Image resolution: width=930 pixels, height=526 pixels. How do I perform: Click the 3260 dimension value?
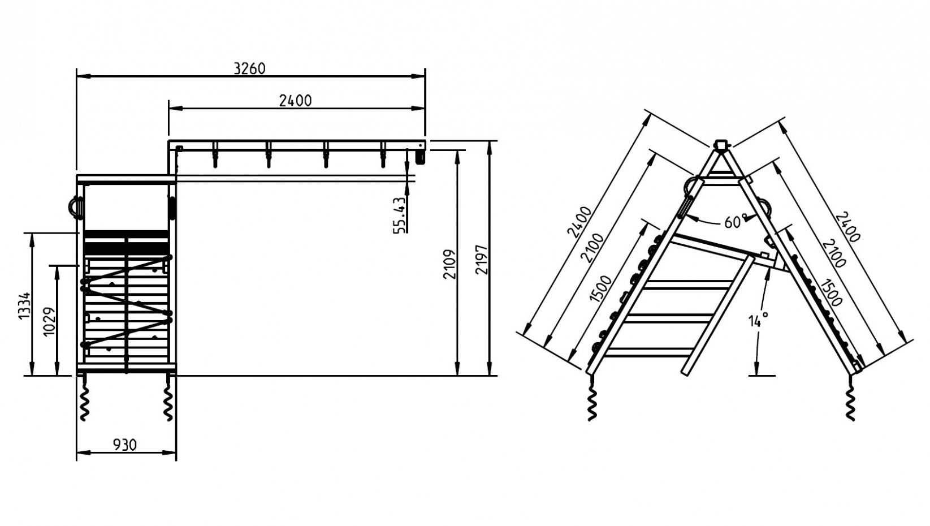pos(249,68)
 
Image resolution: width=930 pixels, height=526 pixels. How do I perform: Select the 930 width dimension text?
pos(124,445)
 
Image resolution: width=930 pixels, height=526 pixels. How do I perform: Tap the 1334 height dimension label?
pos(25,305)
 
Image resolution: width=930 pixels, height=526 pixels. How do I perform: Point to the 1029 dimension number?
pos(49,322)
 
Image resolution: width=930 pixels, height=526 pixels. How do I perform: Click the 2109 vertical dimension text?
pos(449,264)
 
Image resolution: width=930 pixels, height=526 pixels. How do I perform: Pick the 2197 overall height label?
pos(482,259)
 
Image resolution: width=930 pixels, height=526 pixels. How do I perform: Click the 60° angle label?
pos(736,222)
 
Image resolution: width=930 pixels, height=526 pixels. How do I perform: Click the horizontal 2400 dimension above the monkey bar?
pos(295,101)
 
